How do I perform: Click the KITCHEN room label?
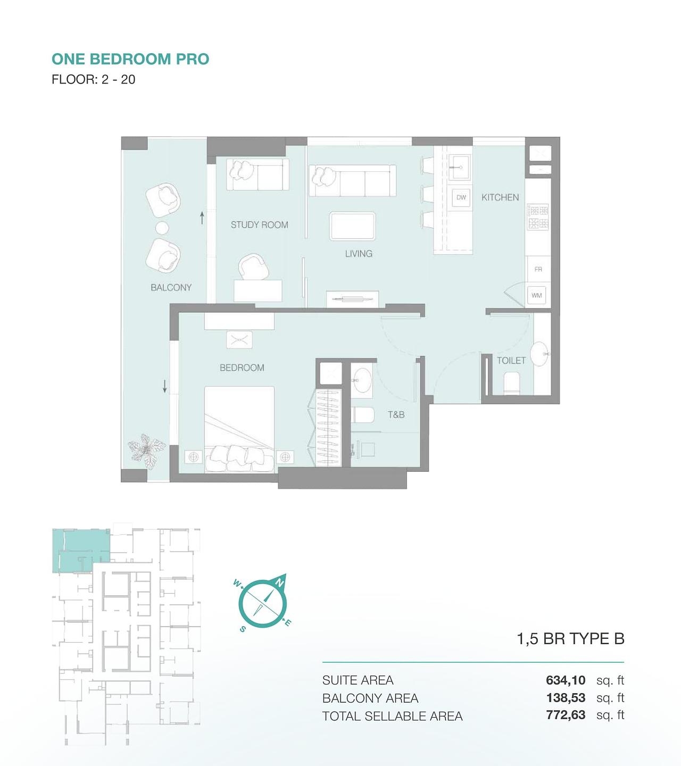[x=500, y=197]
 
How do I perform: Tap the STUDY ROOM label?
[x=260, y=225]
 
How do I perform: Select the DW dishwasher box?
[x=461, y=197]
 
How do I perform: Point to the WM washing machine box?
[x=537, y=295]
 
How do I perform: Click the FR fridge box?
[x=538, y=269]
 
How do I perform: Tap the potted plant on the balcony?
[x=146, y=448]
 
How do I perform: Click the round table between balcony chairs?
[x=162, y=228]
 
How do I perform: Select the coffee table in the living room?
[x=352, y=226]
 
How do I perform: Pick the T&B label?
[x=396, y=415]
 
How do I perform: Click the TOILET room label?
[x=511, y=361]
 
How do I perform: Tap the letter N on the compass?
[x=279, y=583]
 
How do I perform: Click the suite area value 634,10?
[x=566, y=680]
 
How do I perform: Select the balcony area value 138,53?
[x=566, y=697]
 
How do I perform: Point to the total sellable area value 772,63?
[x=566, y=715]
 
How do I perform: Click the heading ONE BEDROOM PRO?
[x=130, y=59]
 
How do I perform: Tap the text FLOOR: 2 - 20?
[x=94, y=79]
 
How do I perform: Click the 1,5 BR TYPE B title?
[x=570, y=638]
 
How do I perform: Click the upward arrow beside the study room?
[x=202, y=218]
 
